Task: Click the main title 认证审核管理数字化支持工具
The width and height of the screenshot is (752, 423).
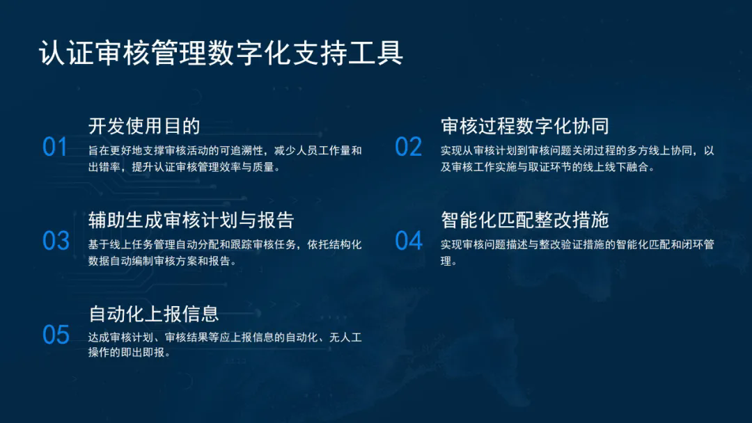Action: click(221, 52)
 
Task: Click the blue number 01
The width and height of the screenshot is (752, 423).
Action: click(55, 147)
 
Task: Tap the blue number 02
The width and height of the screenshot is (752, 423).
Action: click(408, 147)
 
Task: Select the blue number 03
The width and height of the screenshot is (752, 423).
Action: click(56, 241)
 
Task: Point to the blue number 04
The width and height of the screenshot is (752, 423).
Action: click(409, 241)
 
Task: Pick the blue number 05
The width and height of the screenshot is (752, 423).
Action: click(56, 335)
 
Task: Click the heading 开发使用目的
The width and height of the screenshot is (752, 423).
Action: click(144, 126)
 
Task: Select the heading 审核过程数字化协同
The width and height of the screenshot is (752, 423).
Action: click(525, 126)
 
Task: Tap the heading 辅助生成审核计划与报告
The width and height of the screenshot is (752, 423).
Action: click(191, 220)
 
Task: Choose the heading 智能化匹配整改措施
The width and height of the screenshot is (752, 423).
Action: click(525, 220)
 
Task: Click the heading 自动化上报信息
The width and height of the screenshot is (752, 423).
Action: click(153, 314)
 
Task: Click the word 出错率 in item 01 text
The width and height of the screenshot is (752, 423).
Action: click(104, 167)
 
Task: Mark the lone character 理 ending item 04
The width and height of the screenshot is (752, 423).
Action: click(446, 261)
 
